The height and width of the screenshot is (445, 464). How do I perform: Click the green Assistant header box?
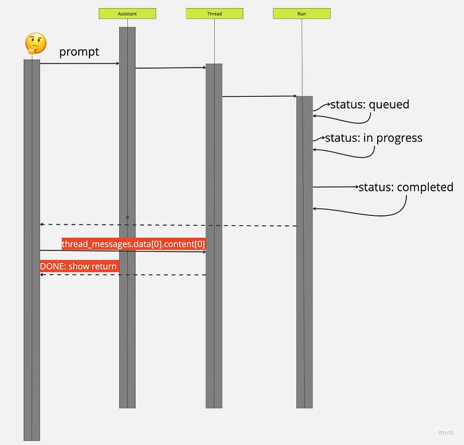tap(127, 13)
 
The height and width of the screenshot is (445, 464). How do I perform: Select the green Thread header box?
tap(214, 13)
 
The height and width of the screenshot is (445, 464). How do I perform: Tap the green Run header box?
tap(302, 13)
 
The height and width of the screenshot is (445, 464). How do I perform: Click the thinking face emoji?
tap(35, 44)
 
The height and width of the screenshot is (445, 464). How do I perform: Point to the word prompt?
tap(79, 52)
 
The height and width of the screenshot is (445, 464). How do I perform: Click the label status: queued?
tap(370, 105)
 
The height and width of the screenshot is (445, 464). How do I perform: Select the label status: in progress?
tap(373, 138)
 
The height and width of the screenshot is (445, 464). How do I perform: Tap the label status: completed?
tap(406, 187)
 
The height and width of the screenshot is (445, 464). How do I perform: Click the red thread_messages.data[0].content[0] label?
tap(133, 244)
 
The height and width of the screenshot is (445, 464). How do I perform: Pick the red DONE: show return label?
tap(79, 266)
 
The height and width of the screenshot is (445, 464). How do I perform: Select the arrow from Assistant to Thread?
tap(170, 68)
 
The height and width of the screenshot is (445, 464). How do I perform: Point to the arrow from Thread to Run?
tap(259, 97)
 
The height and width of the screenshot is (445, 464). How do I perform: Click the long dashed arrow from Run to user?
tap(199, 225)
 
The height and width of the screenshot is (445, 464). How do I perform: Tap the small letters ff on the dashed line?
tap(127, 218)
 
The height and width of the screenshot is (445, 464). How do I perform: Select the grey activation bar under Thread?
tap(214, 331)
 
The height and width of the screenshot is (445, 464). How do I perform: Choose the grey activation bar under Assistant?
tap(127, 331)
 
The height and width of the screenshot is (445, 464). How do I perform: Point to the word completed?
tap(425, 187)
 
